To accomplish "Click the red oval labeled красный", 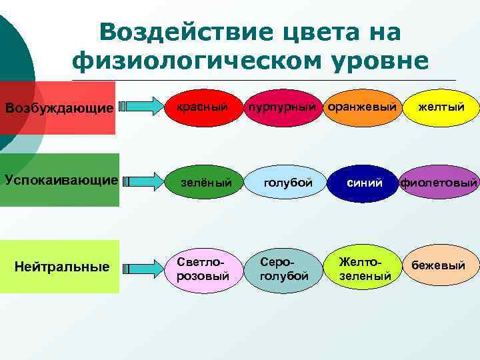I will click(201, 107).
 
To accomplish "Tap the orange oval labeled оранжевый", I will click(363, 107).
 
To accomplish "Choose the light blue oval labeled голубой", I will click(287, 182).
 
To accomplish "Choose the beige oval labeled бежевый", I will click(438, 266).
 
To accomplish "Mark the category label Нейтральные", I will click(62, 267).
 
